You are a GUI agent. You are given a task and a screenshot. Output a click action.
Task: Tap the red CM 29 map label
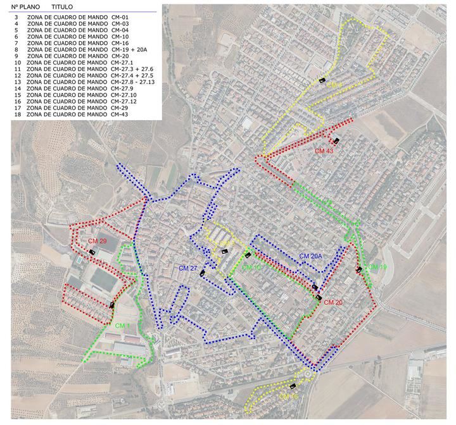coord(97,242)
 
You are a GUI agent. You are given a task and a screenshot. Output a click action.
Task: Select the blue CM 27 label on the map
coord(188,269)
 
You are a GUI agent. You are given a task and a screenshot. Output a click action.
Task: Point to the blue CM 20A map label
coord(311,256)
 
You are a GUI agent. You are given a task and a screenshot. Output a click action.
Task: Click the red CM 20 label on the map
coord(333,302)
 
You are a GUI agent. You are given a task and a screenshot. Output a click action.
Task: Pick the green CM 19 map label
coord(377,267)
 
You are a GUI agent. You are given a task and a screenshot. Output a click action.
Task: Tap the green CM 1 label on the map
coord(123,325)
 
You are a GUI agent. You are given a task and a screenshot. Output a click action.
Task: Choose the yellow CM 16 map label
coord(288,396)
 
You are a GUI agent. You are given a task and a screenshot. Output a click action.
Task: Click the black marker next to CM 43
coord(338,140)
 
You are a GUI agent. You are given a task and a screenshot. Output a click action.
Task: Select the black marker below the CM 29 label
coord(92,252)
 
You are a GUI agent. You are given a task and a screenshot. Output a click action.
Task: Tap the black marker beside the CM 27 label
coord(202,273)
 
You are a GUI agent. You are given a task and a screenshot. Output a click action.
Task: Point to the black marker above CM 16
coord(293,386)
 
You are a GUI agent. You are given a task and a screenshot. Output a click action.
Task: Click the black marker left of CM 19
coord(359,270)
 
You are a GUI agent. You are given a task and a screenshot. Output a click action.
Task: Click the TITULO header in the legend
coord(62,7)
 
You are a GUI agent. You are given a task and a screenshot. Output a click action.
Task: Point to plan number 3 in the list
coord(16,16)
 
